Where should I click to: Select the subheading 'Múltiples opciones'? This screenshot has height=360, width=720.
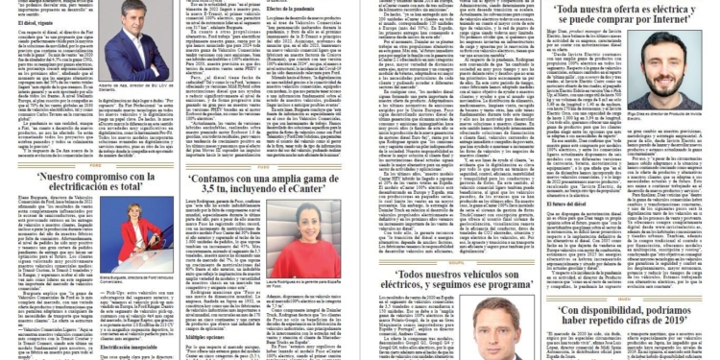tap(208, 338)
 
